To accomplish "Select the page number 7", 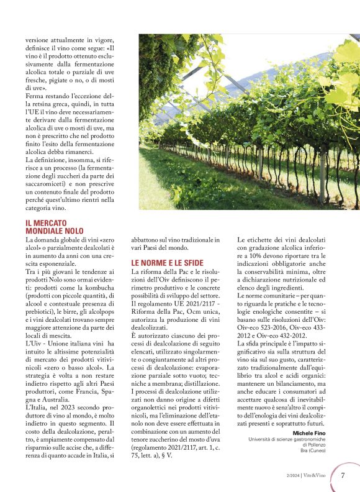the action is tap(343, 476).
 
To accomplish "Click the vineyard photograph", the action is tap(248, 121).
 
